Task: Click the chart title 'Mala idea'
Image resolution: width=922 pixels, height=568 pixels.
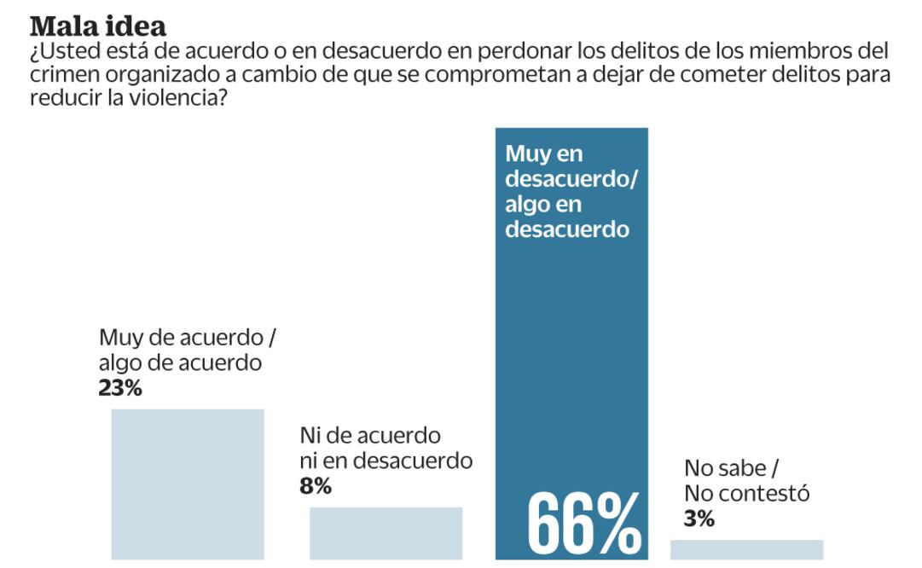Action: [x=98, y=26]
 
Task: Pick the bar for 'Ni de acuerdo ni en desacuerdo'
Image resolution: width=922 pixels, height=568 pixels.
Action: [x=386, y=533]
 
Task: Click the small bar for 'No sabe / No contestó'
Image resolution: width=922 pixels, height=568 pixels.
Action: [x=746, y=549]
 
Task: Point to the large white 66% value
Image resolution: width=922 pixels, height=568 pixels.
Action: [x=584, y=523]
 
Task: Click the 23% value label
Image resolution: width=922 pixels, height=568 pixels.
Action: [x=120, y=388]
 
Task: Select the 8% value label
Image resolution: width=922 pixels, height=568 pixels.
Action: [x=315, y=486]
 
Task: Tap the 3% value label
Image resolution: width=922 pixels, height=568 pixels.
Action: [x=699, y=518]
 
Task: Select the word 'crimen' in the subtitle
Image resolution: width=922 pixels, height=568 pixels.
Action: [x=65, y=74]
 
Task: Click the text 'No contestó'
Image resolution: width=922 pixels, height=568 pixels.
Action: [x=746, y=493]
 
